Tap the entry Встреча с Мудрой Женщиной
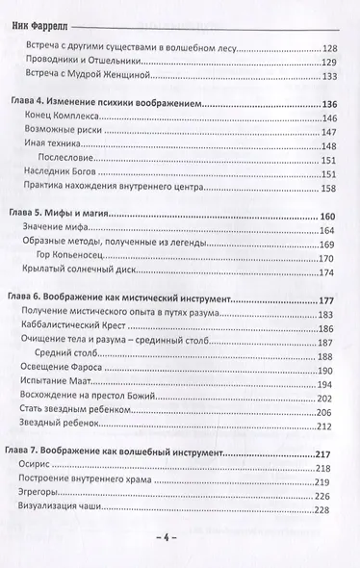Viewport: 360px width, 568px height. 100,85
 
